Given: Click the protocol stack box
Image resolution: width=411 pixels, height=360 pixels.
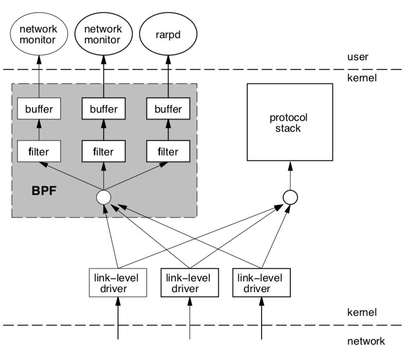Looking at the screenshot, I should pos(290,122).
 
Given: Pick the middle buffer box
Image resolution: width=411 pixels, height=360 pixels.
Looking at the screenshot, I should pos(104,109).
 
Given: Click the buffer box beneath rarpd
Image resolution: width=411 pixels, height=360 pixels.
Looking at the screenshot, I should pos(168,109).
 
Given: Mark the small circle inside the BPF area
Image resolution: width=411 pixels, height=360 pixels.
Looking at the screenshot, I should pos(104,196).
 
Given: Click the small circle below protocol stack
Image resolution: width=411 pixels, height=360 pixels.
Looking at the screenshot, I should pos(290,196).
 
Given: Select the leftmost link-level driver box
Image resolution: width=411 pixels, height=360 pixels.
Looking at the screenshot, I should pos(118,282).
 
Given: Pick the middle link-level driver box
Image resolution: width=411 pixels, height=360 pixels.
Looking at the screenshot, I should pos(190,282).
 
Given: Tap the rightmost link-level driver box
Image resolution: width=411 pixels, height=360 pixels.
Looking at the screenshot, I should pos(261,282).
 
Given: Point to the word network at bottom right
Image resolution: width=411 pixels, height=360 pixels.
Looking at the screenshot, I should pos(366,340).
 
